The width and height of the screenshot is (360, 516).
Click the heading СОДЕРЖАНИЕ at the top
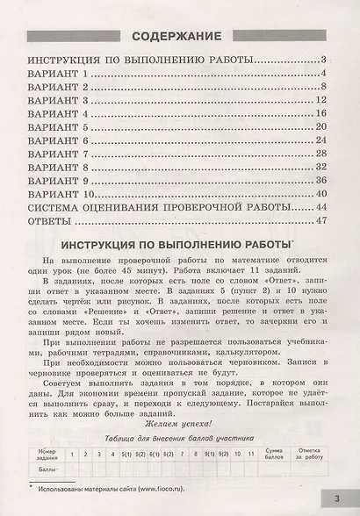(x=179, y=37)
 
